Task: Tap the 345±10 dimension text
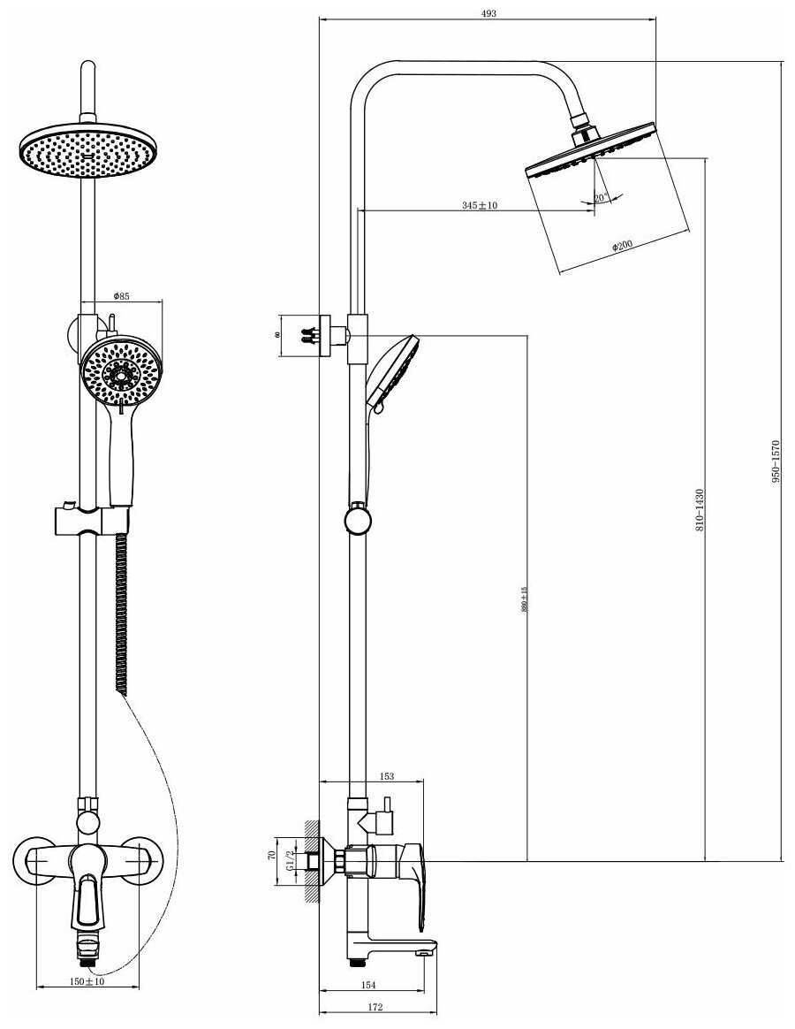point(481,205)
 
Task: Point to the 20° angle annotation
point(601,199)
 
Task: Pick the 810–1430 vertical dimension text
point(700,510)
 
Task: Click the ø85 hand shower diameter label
point(122,296)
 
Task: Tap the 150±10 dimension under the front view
point(87,981)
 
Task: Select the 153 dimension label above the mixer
point(385,776)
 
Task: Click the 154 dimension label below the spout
point(369,985)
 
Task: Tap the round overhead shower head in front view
point(86,152)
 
